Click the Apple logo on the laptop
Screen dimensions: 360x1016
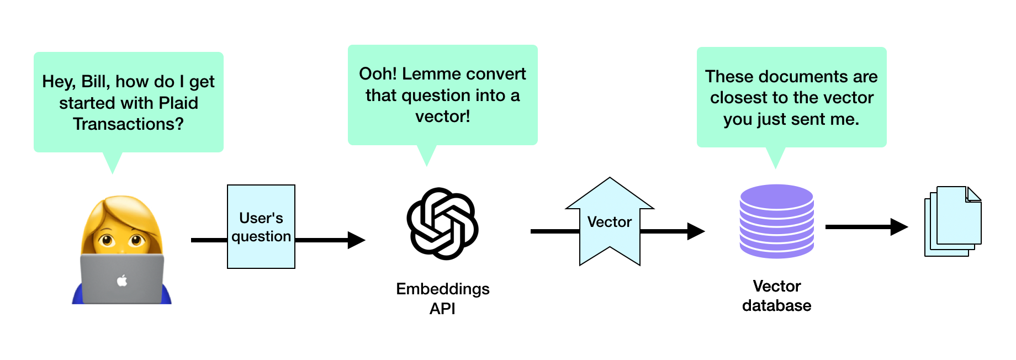click(x=122, y=281)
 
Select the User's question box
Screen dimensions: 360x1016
click(x=261, y=227)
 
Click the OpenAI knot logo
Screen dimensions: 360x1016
click(x=442, y=224)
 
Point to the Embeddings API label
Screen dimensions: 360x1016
click(x=442, y=298)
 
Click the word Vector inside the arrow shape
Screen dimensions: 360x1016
click(x=609, y=222)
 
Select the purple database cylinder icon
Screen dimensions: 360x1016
click(x=776, y=221)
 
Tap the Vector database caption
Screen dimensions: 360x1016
click(x=776, y=295)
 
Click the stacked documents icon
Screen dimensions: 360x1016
click(x=952, y=221)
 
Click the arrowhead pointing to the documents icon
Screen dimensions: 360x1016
click(x=899, y=226)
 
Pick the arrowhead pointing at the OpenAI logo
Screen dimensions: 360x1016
click(x=356, y=240)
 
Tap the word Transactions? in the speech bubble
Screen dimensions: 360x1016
click(x=128, y=124)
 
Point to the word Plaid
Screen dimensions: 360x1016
click(x=178, y=103)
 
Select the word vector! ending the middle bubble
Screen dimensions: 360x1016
click(x=442, y=117)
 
